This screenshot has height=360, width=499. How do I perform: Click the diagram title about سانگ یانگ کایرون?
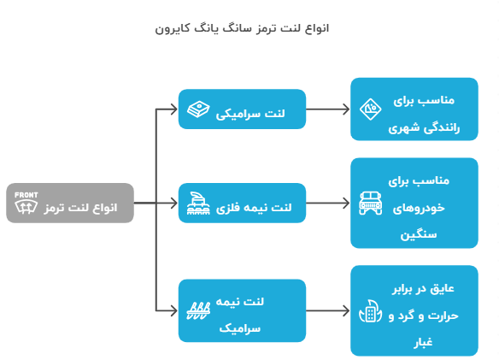(x=242, y=29)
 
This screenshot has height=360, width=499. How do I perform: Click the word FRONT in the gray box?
(x=26, y=195)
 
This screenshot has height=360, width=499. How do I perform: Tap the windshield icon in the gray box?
(x=26, y=207)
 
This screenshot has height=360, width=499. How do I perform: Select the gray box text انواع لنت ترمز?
(x=80, y=208)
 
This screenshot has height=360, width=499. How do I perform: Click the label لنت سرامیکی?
(x=250, y=114)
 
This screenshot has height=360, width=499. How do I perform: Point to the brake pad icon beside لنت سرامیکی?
(x=198, y=109)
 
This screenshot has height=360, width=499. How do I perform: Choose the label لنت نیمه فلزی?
(x=254, y=208)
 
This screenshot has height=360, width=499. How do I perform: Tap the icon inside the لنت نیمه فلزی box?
(x=198, y=204)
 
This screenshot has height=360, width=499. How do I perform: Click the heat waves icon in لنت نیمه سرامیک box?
(x=198, y=310)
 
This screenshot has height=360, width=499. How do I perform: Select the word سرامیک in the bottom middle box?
(x=240, y=328)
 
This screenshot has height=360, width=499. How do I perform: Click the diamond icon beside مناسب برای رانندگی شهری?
(x=371, y=109)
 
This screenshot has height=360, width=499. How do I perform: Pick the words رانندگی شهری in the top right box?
(x=424, y=128)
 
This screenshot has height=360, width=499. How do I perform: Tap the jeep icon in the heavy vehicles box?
(x=371, y=204)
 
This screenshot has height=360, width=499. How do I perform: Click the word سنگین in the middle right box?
(x=419, y=235)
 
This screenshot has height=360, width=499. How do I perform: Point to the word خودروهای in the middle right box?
(x=419, y=208)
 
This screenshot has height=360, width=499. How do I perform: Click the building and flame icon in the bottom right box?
(x=371, y=311)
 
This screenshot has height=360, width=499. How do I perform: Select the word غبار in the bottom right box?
(x=423, y=343)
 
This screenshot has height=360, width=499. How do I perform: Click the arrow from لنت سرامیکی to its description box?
(x=328, y=109)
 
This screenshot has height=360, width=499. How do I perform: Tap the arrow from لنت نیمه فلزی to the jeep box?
(x=328, y=204)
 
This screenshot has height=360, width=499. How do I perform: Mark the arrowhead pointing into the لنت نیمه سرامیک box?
(x=174, y=310)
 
